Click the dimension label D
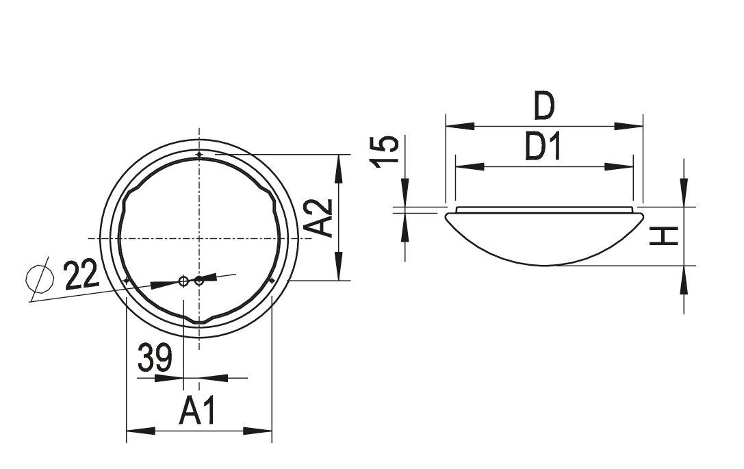pyautogui.click(x=543, y=106)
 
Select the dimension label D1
pyautogui.click(x=543, y=147)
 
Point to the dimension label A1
pyautogui.click(x=198, y=411)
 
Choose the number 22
pyautogui.click(x=81, y=275)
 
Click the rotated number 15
pyautogui.click(x=385, y=151)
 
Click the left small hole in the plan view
pyautogui.click(x=183, y=281)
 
